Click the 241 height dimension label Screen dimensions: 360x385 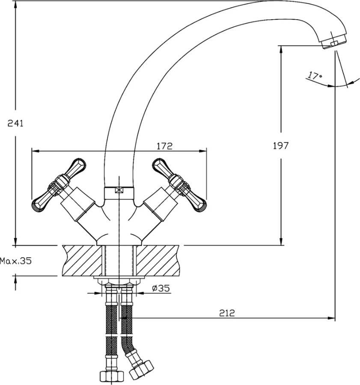15,123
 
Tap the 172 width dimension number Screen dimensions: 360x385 164,146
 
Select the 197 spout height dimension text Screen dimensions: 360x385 281,145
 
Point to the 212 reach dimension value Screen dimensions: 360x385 227,313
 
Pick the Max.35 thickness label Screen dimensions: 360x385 16,261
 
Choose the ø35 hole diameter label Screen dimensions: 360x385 161,288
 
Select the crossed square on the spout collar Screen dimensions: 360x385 119,190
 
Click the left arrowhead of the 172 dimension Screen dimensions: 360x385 36,151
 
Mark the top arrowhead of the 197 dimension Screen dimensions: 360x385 281,50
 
